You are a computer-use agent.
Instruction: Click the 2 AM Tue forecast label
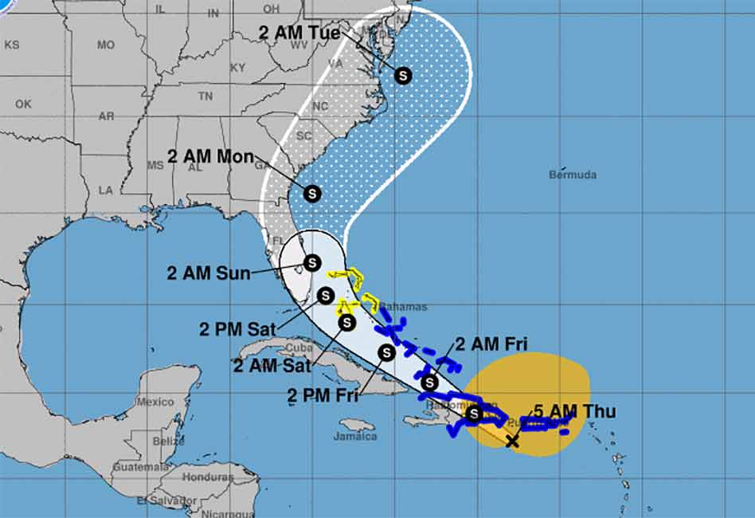tap(299, 33)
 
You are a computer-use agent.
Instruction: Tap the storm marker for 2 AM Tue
tap(403, 76)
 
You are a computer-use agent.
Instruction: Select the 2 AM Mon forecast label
tap(210, 156)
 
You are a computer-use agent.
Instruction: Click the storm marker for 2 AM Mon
tap(311, 193)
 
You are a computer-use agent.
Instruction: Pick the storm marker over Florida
tap(311, 261)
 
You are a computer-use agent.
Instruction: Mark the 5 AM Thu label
tap(574, 412)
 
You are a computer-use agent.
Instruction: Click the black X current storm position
tap(512, 441)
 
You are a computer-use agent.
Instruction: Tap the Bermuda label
tap(573, 175)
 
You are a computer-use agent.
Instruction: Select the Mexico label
tap(155, 402)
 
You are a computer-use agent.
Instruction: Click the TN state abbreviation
tap(205, 96)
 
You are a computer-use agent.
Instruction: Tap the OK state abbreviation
tap(23, 104)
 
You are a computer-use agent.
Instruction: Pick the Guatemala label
tap(141, 467)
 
